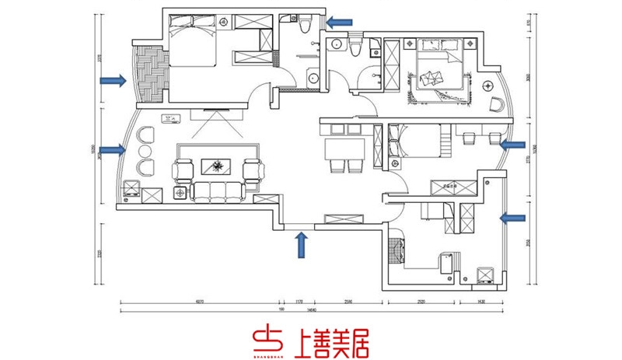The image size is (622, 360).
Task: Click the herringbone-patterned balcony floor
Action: [151, 72]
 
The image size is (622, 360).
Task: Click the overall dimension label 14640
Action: [311, 312]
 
